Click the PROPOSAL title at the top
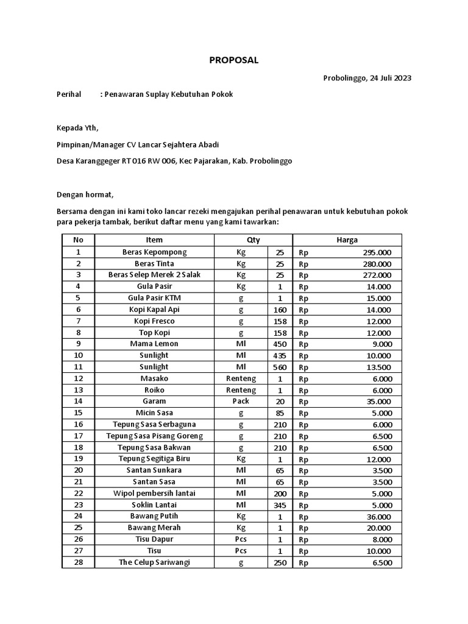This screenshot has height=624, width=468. point(234,60)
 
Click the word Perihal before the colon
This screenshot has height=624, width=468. point(68,94)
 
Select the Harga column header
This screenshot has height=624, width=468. point(347,240)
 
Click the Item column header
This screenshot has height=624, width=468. point(154,240)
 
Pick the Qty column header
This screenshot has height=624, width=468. point(253,240)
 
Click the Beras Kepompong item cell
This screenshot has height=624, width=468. point(154,252)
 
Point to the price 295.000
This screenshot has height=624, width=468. point(377,252)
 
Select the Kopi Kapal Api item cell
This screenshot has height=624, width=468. point(154,310)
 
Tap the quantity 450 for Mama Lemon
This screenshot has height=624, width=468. point(280,344)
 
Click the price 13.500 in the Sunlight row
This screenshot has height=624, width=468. point(378,367)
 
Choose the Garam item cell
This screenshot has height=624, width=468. point(154,402)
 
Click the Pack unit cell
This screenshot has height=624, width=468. point(241,402)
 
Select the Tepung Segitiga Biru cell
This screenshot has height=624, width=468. point(154,459)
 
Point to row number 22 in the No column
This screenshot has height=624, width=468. point(78,493)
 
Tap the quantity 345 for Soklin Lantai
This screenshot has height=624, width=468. point(280,505)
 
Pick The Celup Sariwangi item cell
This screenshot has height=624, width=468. point(154,562)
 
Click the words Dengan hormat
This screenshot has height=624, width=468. point(85,194)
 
